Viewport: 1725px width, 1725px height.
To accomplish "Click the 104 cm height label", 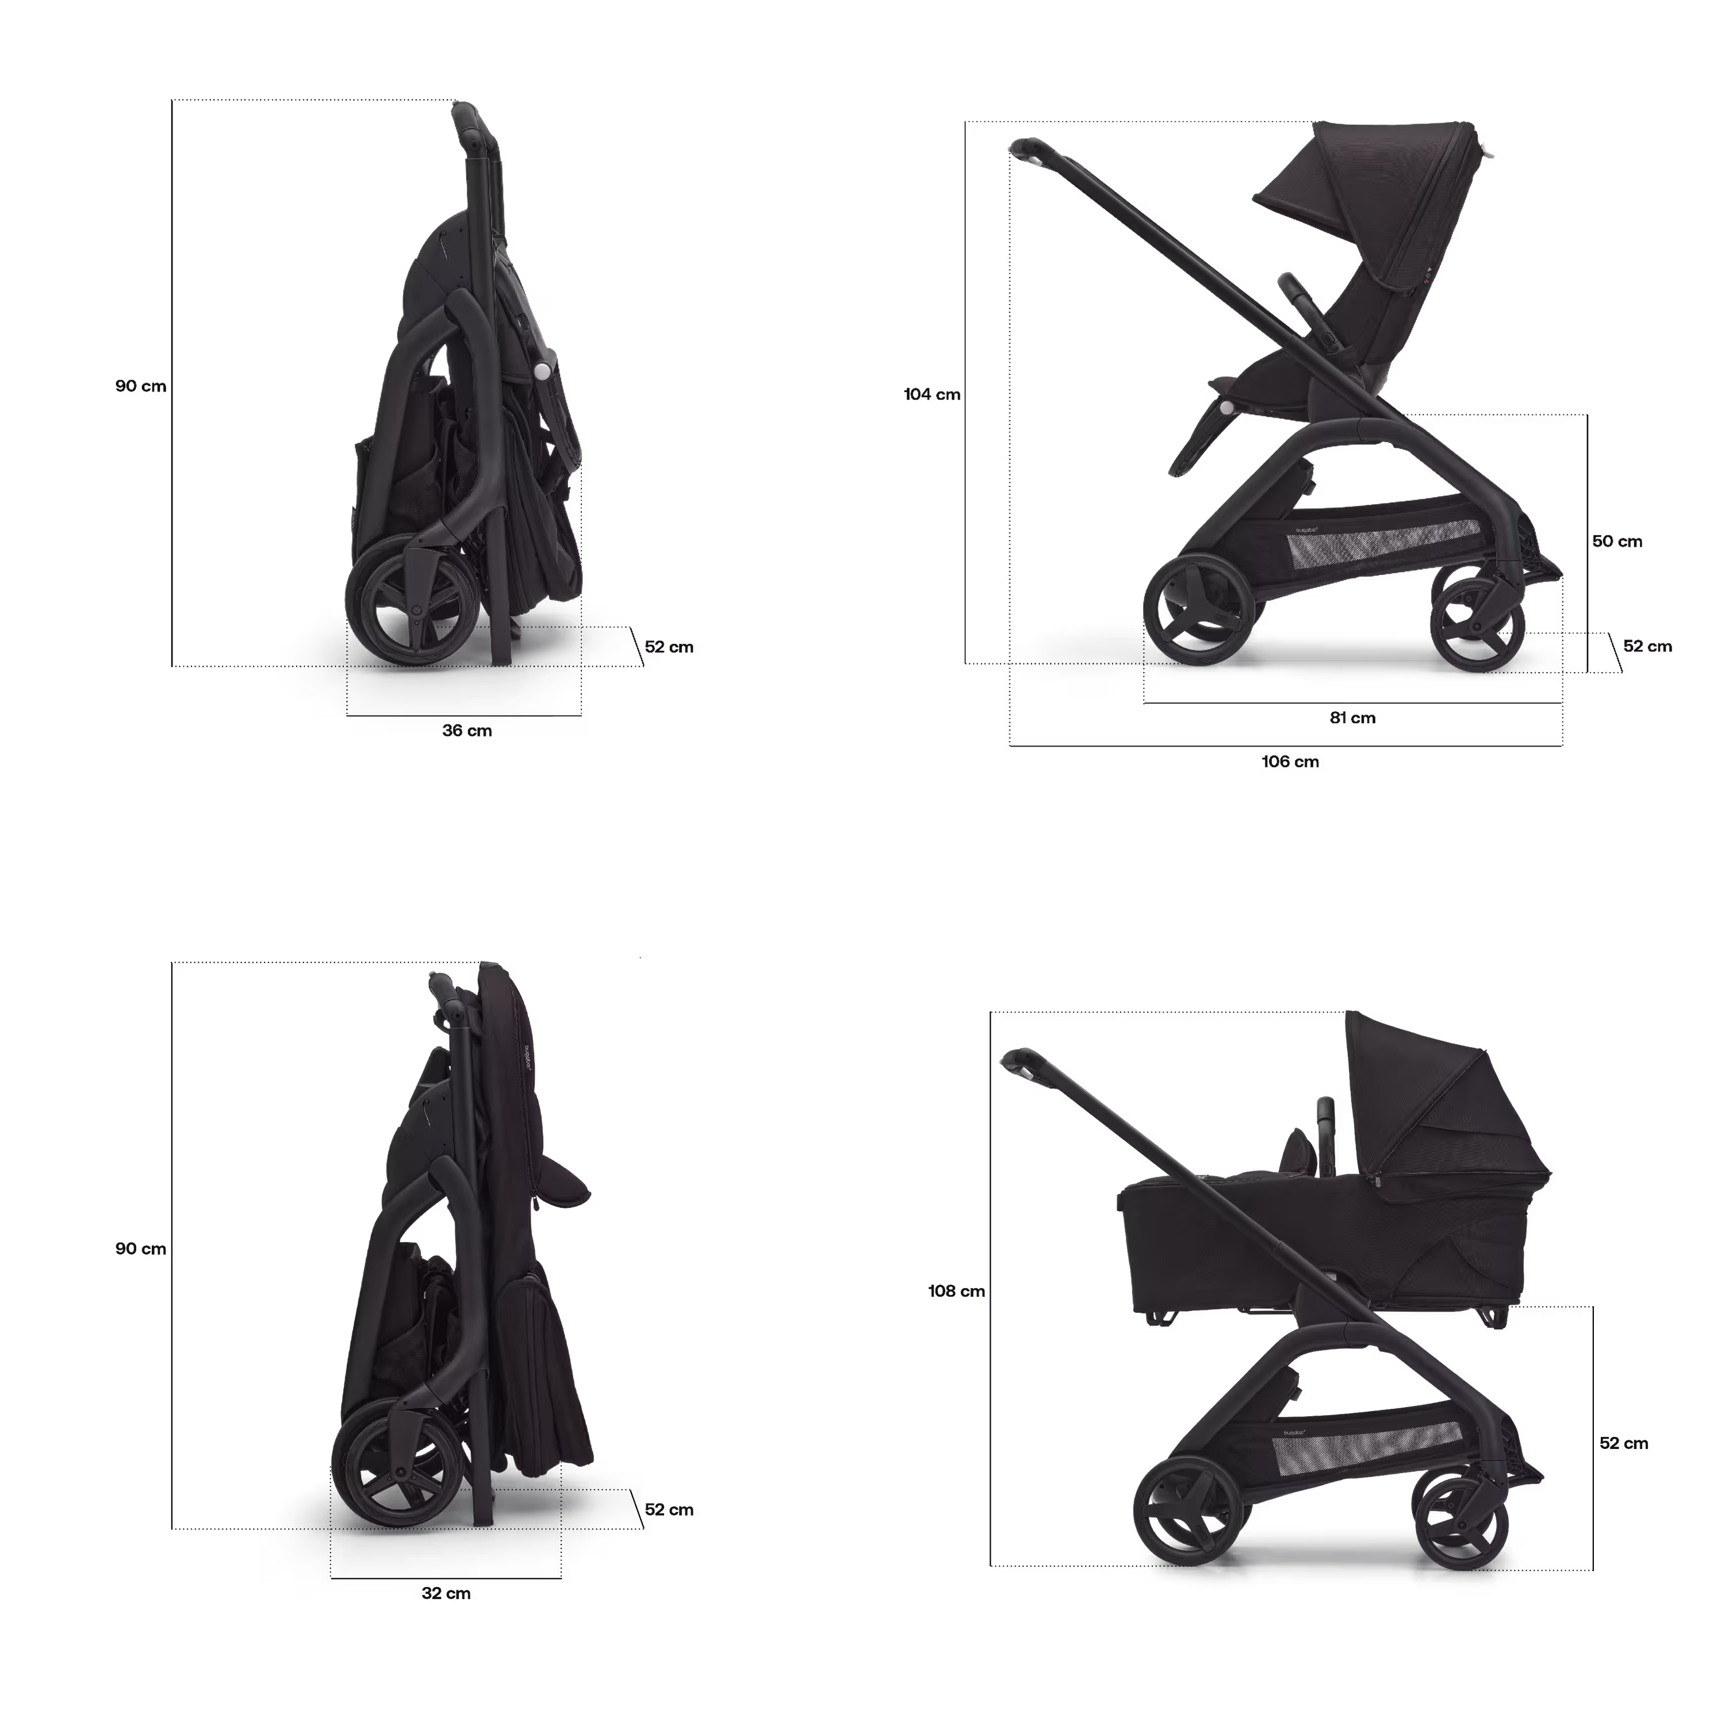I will point(932,394).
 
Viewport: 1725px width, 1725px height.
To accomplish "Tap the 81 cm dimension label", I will point(1352,718).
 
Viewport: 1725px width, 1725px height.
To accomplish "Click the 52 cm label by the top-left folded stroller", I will point(670,647).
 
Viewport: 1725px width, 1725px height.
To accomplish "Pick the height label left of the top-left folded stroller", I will point(141,386).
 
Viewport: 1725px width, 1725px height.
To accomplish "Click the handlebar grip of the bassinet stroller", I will point(1018,1057).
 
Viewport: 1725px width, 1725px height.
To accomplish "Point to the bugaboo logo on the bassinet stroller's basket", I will point(1295,1435).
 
